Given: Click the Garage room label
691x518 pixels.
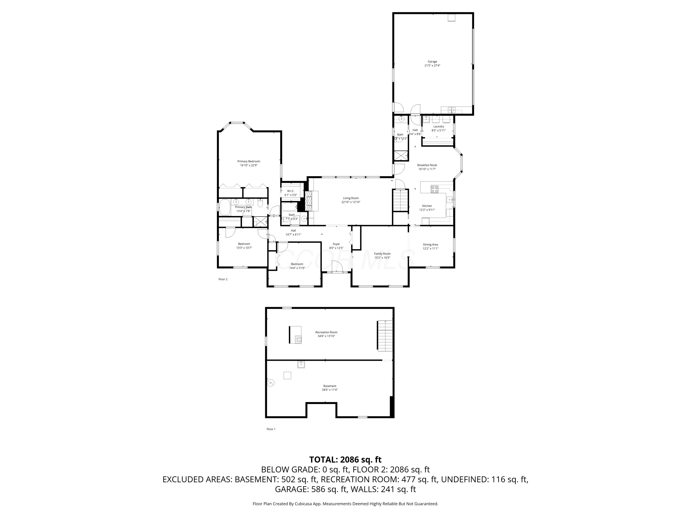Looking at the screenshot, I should point(432,61).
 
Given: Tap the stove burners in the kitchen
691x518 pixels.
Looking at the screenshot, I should point(434,189).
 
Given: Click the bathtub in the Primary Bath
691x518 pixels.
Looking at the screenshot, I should point(224,207).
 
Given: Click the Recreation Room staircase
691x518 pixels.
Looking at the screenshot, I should point(385,335).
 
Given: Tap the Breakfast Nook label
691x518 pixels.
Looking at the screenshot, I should point(427,165).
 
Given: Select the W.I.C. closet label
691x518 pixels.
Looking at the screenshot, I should point(290,191).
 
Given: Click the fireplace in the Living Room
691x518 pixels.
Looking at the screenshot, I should point(308,201).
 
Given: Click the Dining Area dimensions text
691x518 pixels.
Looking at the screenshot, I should point(430,249).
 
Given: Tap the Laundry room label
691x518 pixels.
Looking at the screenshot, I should point(438,126).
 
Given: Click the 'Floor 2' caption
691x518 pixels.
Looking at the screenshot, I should point(223,279).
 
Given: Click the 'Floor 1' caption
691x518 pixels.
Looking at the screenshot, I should point(271,429).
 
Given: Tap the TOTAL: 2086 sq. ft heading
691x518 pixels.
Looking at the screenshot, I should point(345,460).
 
